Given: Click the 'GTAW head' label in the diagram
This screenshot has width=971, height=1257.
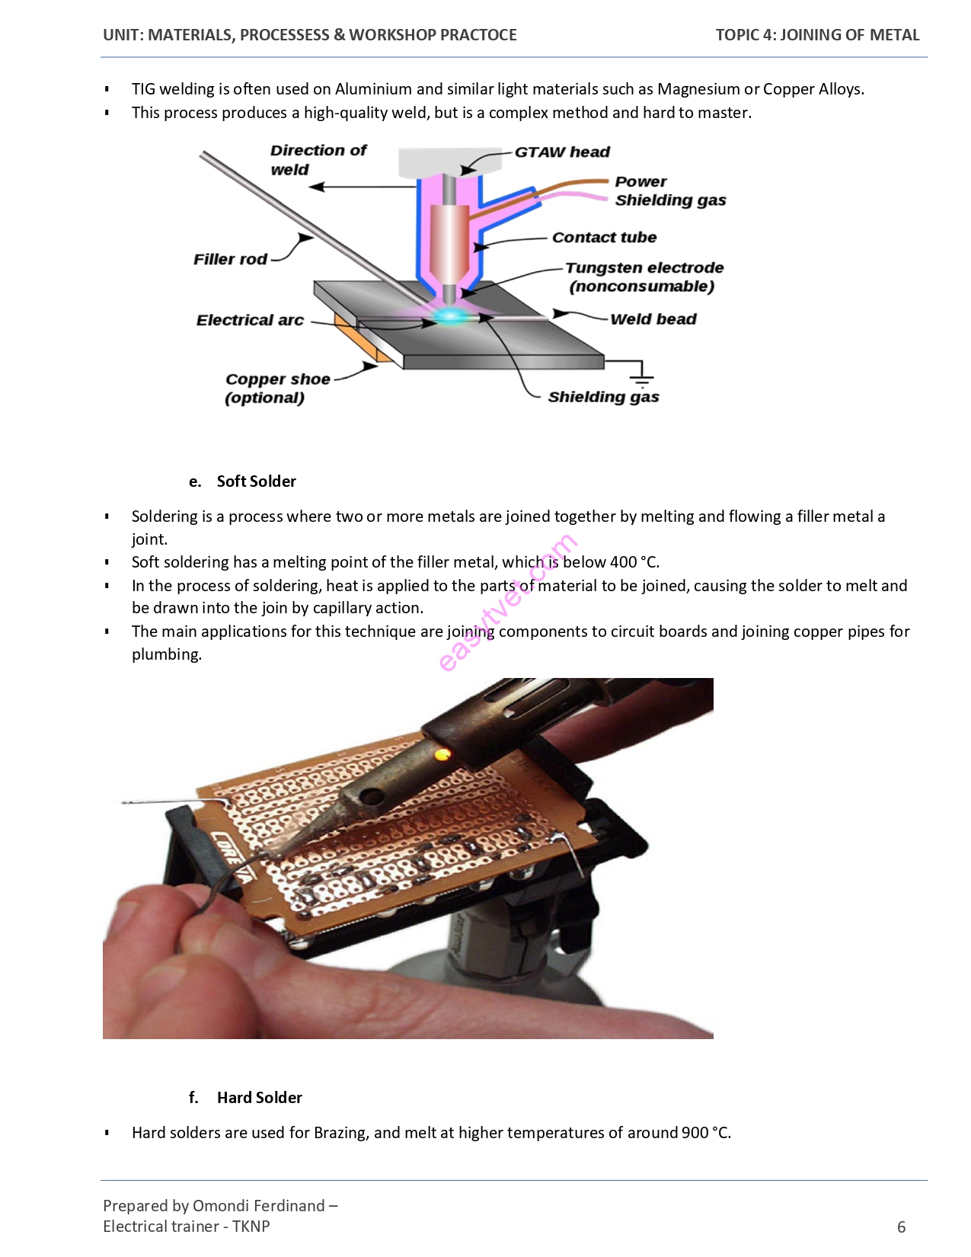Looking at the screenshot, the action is [561, 152].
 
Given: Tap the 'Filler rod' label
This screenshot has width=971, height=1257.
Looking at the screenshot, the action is [230, 259].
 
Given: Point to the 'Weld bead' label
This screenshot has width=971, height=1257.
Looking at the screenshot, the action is [653, 319].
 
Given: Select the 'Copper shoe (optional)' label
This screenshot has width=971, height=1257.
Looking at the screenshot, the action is [278, 389].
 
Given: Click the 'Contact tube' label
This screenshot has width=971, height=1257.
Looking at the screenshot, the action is [605, 237].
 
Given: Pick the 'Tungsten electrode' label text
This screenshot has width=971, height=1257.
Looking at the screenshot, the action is [644, 268].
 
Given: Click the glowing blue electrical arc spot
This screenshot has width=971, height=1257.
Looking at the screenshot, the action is [451, 316].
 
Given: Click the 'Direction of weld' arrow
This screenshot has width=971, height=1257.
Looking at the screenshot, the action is [363, 187].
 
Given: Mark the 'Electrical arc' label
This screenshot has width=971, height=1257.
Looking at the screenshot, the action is [250, 321].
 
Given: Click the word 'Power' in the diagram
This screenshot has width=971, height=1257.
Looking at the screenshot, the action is [640, 181].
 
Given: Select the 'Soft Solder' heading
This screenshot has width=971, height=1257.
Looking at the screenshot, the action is [256, 481].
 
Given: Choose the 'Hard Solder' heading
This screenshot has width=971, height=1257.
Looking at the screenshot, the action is [259, 1098].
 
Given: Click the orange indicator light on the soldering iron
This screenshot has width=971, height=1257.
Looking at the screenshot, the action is [442, 754].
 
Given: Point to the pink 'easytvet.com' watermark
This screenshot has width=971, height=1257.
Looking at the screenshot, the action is [508, 603].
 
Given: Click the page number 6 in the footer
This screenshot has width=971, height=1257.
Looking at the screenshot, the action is [901, 1227].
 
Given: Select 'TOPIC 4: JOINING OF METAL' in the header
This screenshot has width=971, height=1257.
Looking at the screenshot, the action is [817, 35].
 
